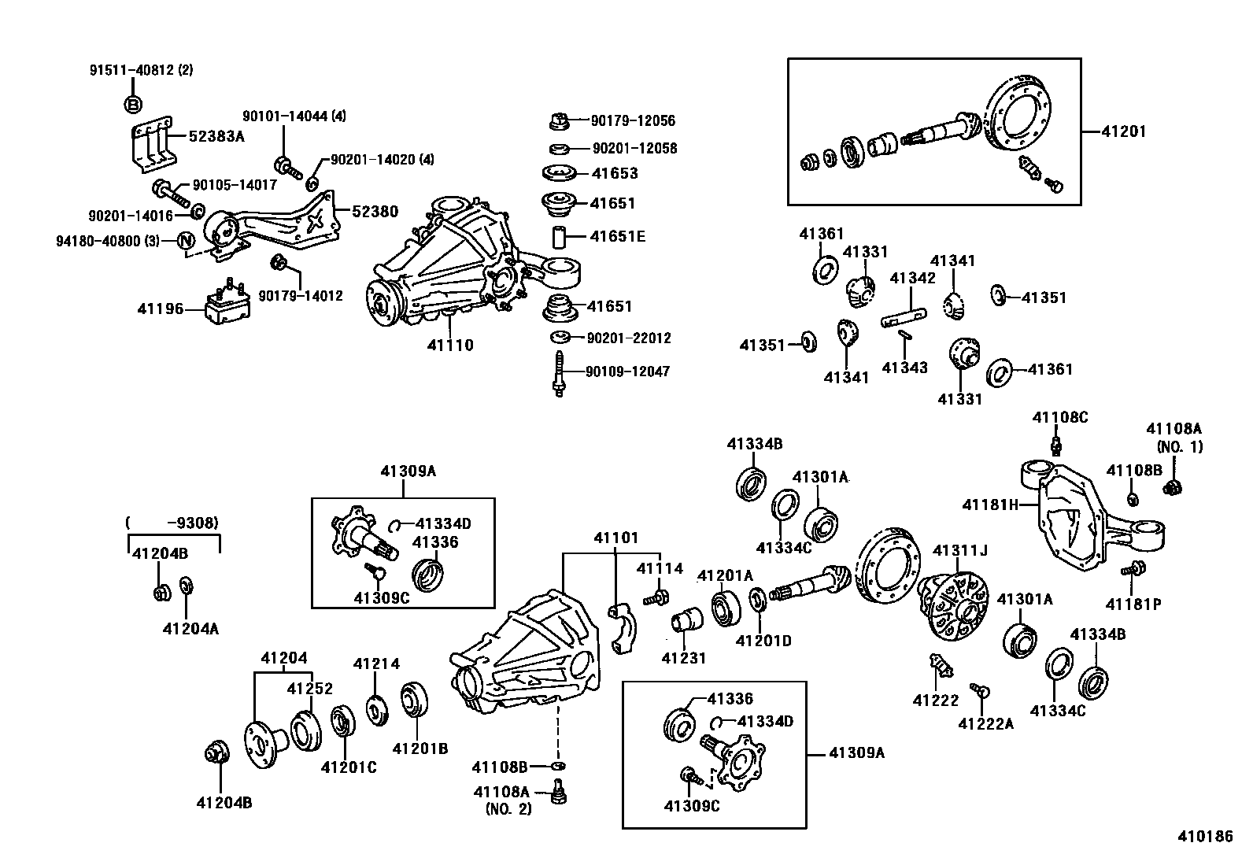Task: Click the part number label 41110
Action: click(x=450, y=345)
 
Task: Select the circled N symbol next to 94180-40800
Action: click(x=186, y=240)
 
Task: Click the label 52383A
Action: click(x=216, y=136)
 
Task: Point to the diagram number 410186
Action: click(x=1204, y=837)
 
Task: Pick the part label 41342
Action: click(x=913, y=278)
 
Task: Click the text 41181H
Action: click(x=990, y=504)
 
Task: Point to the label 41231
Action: click(x=684, y=658)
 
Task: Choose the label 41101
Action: click(x=616, y=538)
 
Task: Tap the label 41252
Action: click(x=310, y=688)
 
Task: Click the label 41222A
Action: click(x=985, y=723)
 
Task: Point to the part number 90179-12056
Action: click(x=633, y=120)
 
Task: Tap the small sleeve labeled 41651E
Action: click(x=560, y=236)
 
